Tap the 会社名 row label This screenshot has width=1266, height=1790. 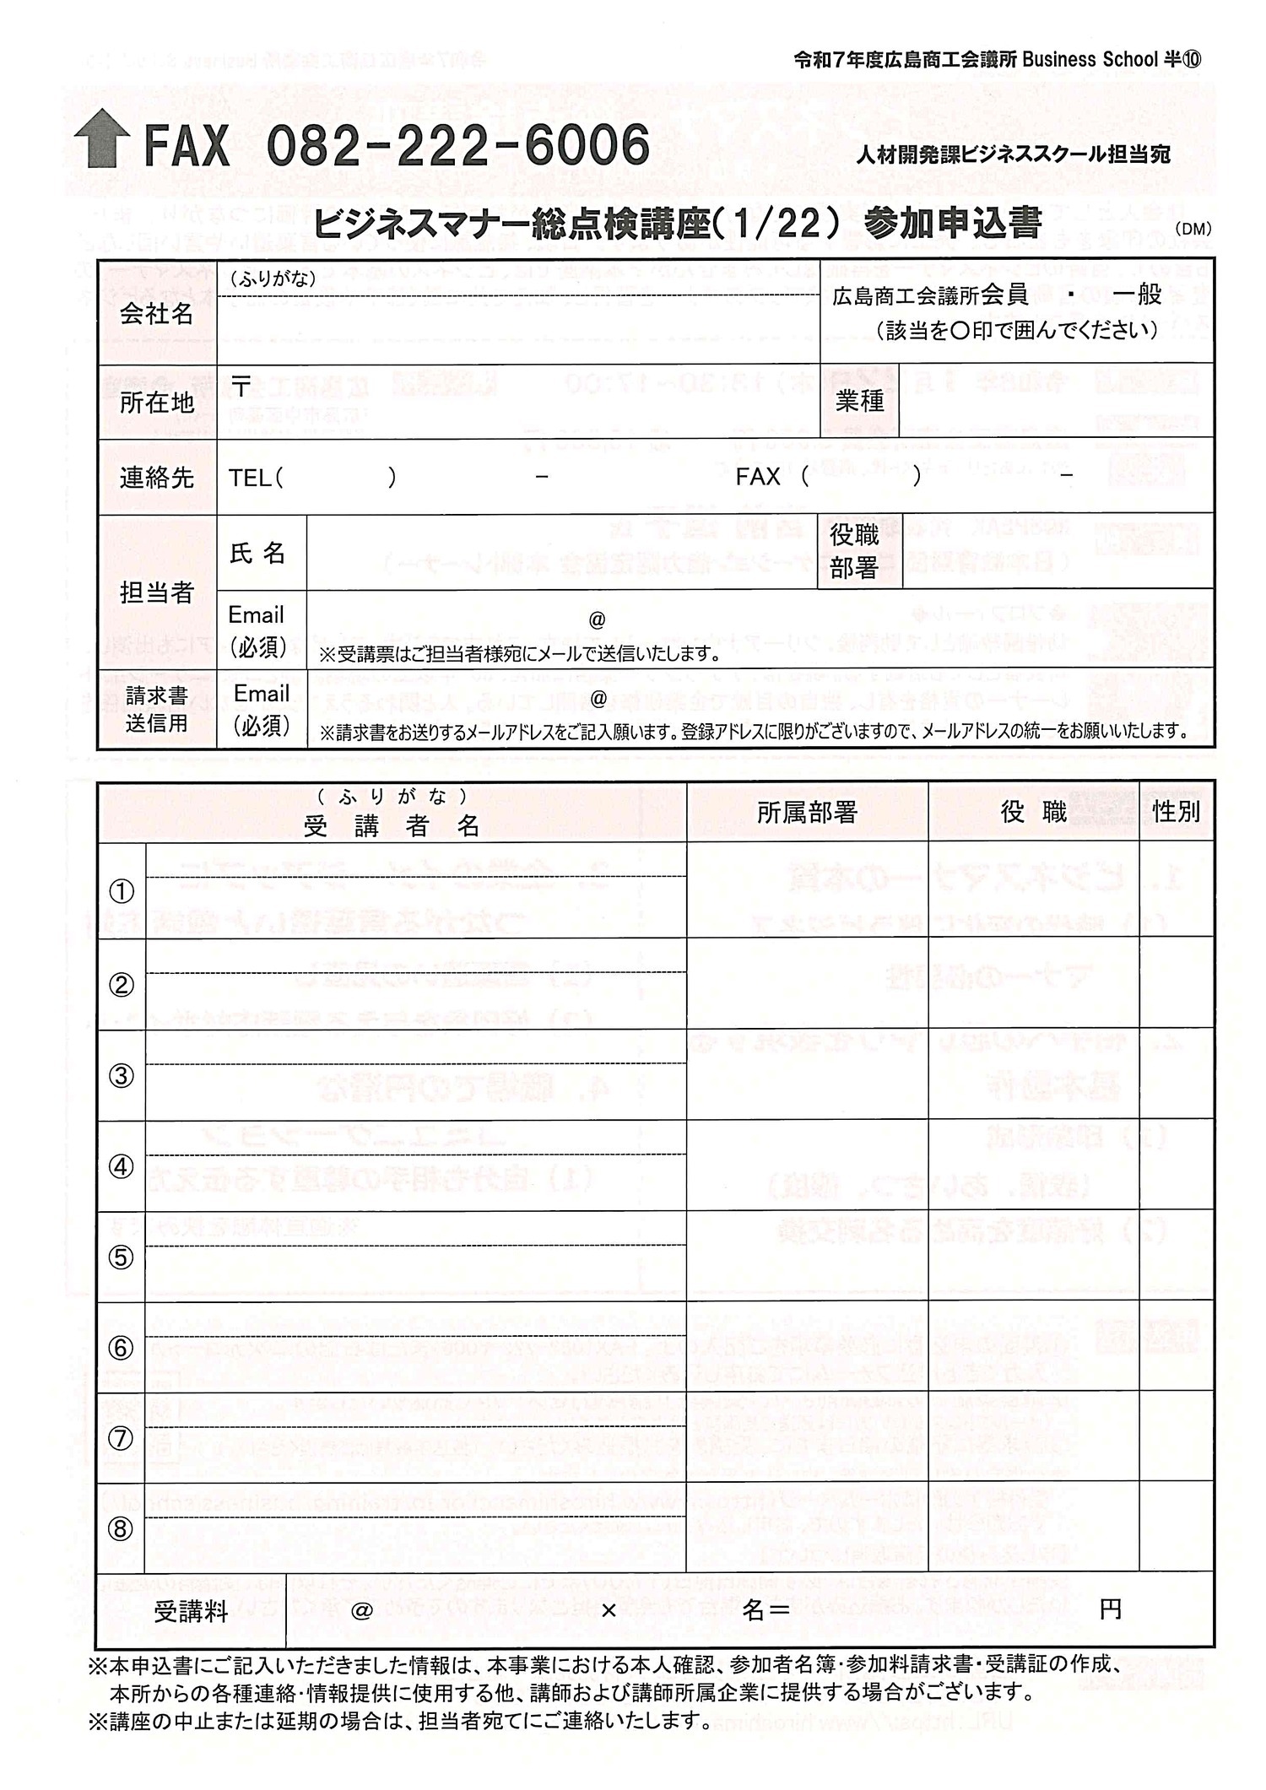pos(157,314)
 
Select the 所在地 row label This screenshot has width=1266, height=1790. pos(157,403)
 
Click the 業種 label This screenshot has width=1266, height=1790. pos(859,401)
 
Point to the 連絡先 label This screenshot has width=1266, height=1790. pos(157,478)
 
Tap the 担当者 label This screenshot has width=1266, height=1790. pos(157,592)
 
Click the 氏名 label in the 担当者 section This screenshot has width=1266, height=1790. pos(257,553)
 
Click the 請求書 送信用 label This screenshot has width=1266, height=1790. pos(157,709)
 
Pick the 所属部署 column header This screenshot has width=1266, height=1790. pos(807,812)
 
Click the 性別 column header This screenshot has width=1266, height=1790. pos(1176,812)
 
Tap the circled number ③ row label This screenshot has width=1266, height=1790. pos(122,1076)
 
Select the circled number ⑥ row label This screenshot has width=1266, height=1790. pos(122,1348)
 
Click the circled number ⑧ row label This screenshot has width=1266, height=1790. pos(122,1528)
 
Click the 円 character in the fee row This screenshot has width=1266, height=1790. pos(1111,1609)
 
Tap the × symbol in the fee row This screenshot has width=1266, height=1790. pos(609,1611)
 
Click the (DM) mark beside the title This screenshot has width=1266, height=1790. pos(1193,229)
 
